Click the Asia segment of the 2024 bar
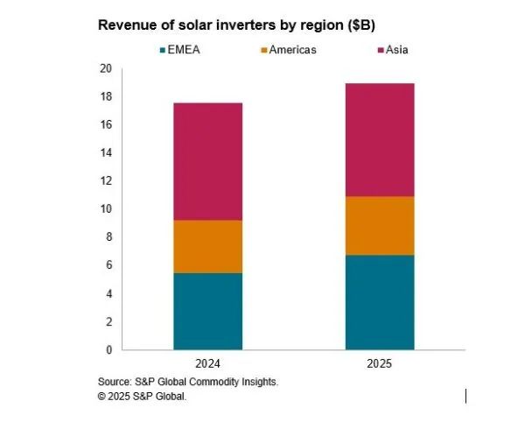point(207,161)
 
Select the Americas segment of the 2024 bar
point(207,246)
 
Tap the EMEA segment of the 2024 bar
point(207,311)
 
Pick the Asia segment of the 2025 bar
point(380,139)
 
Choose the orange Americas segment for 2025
point(380,226)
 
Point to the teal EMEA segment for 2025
point(380,302)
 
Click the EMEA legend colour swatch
point(164,50)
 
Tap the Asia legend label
point(395,50)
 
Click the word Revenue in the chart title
point(127,25)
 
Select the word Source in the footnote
point(115,383)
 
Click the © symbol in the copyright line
point(102,397)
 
